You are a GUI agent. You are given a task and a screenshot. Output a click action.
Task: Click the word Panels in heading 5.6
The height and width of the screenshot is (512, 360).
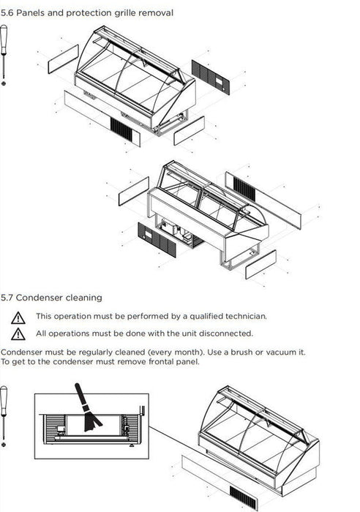pyautogui.click(x=31, y=13)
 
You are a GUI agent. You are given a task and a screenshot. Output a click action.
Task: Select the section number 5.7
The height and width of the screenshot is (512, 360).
pyautogui.click(x=7, y=298)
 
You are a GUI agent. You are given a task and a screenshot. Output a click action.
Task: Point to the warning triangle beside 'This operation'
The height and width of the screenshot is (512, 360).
pyautogui.click(x=18, y=317)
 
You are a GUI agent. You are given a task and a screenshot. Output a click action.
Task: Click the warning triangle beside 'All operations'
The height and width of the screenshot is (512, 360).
pyautogui.click(x=18, y=334)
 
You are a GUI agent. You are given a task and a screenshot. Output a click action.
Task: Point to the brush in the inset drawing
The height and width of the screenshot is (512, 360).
pyautogui.click(x=87, y=408)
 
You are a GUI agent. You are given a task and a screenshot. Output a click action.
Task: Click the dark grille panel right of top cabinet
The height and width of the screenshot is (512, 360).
pyautogui.click(x=211, y=77)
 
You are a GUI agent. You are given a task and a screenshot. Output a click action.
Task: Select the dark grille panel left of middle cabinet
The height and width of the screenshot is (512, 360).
pyautogui.click(x=157, y=240)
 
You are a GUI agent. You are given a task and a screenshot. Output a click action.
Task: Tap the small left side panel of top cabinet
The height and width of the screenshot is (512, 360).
pyautogui.click(x=64, y=59)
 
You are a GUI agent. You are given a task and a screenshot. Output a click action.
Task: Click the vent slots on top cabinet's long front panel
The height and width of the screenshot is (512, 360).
pyautogui.click(x=121, y=130)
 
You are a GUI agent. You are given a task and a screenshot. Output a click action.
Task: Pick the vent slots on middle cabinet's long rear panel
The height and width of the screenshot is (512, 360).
pyautogui.click(x=244, y=189)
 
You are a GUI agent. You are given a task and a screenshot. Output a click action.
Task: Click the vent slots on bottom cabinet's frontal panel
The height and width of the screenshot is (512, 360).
pyautogui.click(x=242, y=497)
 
